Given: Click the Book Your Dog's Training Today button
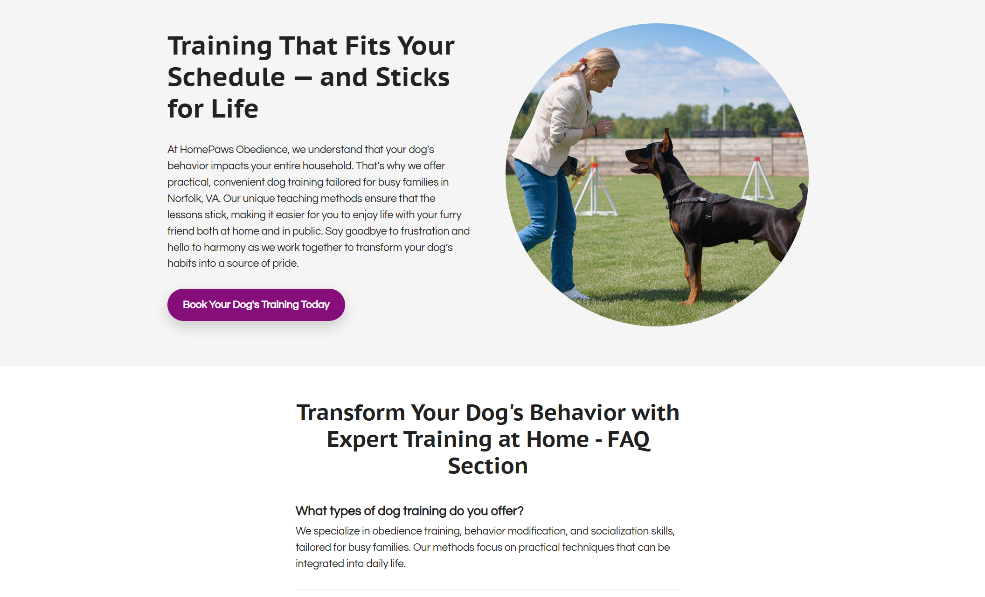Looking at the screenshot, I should pyautogui.click(x=256, y=305).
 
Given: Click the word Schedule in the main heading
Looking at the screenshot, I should pyautogui.click(x=226, y=77).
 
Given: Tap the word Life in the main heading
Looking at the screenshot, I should pyautogui.click(x=235, y=109).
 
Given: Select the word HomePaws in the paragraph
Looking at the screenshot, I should pyautogui.click(x=206, y=149).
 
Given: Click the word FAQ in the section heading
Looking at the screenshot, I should pyautogui.click(x=628, y=439).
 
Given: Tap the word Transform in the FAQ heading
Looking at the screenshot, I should pyautogui.click(x=351, y=413).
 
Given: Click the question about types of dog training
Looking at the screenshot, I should pyautogui.click(x=409, y=511).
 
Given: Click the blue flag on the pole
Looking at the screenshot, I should pyautogui.click(x=726, y=90).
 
